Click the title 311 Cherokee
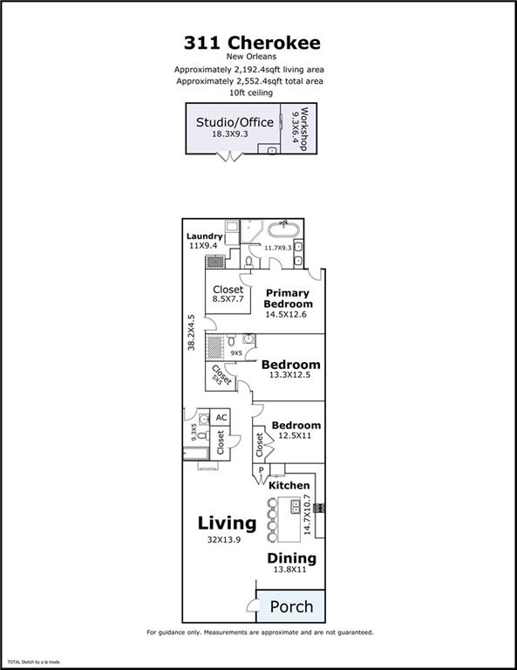click(x=252, y=43)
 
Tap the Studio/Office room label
click(x=235, y=122)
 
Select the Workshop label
click(x=304, y=129)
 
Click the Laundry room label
click(x=205, y=236)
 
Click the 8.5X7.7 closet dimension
click(x=228, y=298)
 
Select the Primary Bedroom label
click(x=289, y=298)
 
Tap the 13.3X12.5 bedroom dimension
click(x=289, y=375)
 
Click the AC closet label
click(x=221, y=418)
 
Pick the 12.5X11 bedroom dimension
click(x=295, y=435)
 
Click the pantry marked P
click(x=262, y=470)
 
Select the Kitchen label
click(x=289, y=485)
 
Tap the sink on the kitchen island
click(x=296, y=506)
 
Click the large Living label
click(x=228, y=523)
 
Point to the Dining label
click(x=292, y=558)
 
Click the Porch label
click(x=291, y=606)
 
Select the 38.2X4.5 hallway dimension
click(x=191, y=333)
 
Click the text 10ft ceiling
click(x=251, y=92)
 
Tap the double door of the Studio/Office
click(x=229, y=157)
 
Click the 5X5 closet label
click(x=217, y=379)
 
